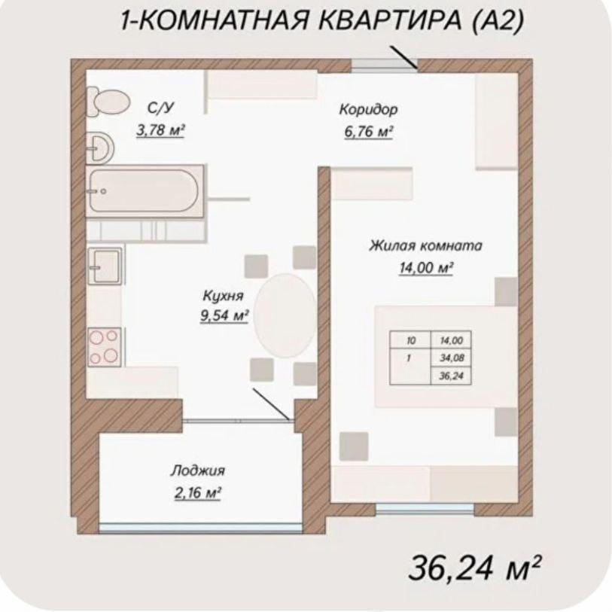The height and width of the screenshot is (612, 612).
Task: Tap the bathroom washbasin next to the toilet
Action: [x=99, y=148]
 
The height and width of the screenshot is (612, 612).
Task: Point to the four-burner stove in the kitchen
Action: [x=104, y=347]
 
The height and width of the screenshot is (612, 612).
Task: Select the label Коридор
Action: [x=368, y=110]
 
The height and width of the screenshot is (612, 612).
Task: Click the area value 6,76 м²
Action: [x=368, y=132]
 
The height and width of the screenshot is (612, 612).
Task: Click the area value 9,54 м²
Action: [x=224, y=316]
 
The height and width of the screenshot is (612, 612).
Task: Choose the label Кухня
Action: [x=222, y=295]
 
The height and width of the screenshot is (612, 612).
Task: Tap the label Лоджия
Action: [x=197, y=471]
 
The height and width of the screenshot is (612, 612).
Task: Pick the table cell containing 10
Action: [x=410, y=341]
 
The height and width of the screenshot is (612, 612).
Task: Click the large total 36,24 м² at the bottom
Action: [x=475, y=569]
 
